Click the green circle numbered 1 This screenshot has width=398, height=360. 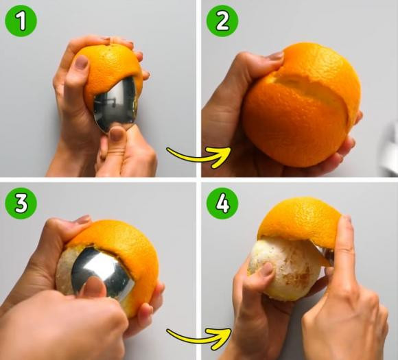coord(21,21)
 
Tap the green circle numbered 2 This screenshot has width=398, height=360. coord(222,21)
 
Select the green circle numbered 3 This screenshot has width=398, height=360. coord(21,204)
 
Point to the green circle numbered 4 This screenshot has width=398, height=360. coord(222,204)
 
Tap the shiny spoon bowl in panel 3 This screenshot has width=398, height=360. coord(103,272)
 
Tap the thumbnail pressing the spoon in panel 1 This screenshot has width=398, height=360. coord(117,134)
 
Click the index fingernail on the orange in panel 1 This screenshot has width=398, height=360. coord(82,62)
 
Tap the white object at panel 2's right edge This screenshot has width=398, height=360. coord(390,148)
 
